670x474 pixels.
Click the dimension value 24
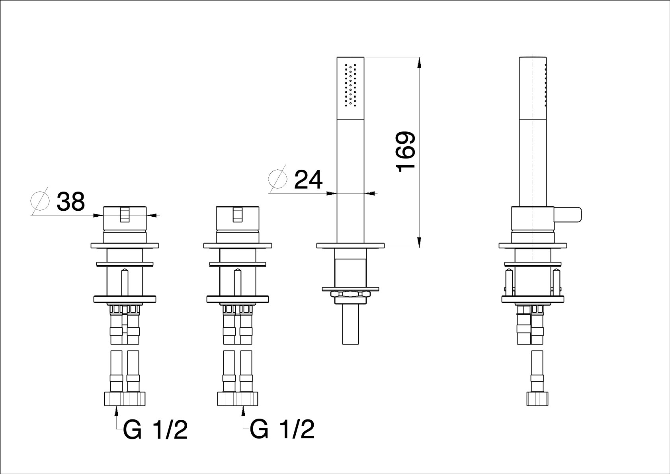coord(309,180)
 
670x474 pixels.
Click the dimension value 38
coord(71,202)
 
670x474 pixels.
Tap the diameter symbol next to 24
coord(277,179)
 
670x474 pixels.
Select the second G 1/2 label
coord(282,430)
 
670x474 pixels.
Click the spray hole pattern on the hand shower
coord(351,85)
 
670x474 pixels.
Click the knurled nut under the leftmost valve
coord(125,399)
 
